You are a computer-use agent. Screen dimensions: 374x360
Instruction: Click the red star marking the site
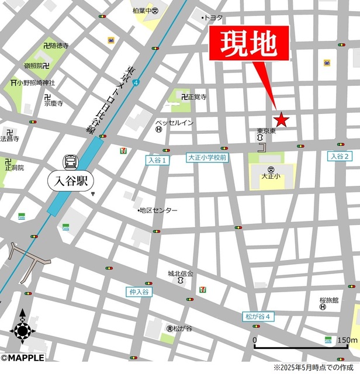tap(282, 120)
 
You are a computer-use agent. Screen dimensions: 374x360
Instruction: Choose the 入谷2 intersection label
tap(340, 156)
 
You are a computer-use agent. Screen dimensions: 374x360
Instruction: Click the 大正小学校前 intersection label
tap(207, 158)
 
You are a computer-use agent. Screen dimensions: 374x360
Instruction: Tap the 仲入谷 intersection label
tap(139, 291)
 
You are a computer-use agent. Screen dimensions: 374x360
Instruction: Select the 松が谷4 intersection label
tap(258, 317)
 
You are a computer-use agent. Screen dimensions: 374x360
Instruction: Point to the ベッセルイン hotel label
tap(174, 122)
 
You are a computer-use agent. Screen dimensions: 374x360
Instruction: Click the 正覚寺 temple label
tap(197, 98)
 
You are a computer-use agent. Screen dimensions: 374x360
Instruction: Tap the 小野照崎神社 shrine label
tap(35, 83)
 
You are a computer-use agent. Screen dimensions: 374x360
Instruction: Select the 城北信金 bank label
tap(181, 273)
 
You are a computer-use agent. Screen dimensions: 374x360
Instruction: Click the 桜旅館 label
tap(329, 300)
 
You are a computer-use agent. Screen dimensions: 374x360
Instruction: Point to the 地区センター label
tap(158, 210)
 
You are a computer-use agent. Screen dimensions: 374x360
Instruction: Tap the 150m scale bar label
tap(347, 340)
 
